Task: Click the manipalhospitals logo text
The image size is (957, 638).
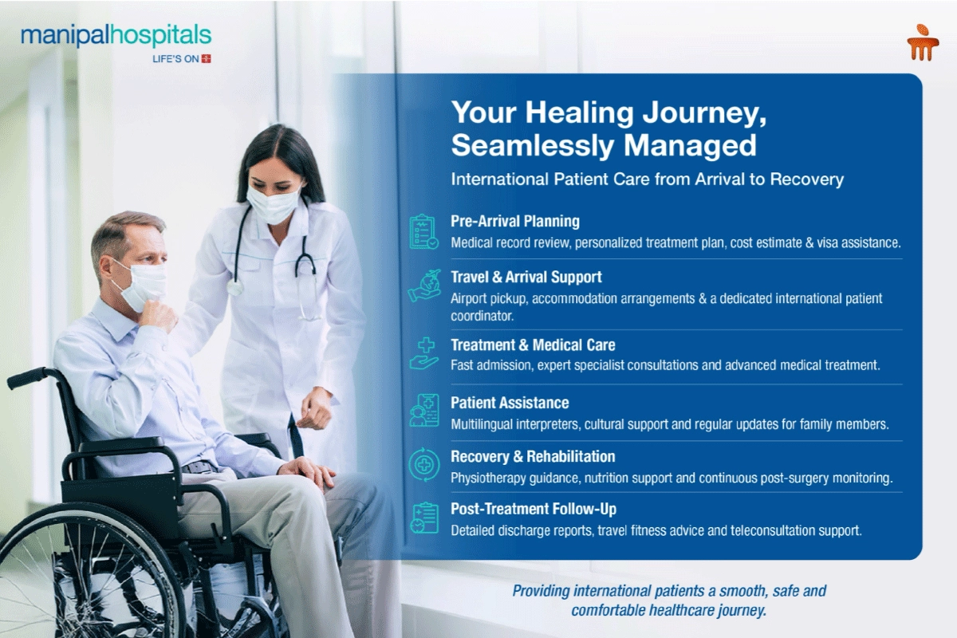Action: pos(116,35)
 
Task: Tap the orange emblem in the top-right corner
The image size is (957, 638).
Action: pos(923,42)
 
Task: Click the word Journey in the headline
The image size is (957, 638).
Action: pos(704,112)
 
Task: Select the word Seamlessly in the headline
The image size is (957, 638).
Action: pos(533,146)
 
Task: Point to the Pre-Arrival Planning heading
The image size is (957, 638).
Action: pos(515,221)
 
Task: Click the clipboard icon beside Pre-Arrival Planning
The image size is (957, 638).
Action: pos(423,232)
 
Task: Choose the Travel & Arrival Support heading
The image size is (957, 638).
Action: pos(526,277)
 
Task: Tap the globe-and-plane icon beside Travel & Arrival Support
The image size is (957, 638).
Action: pos(423,286)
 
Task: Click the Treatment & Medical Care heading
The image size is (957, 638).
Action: pos(534,345)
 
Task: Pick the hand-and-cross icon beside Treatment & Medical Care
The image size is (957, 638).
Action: pos(423,353)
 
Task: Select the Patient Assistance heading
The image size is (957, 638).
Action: pos(510,403)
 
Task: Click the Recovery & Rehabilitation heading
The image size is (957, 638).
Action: pos(534,456)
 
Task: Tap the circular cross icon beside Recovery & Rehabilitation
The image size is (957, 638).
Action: pos(423,465)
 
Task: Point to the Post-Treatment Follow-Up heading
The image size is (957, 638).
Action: pos(534,509)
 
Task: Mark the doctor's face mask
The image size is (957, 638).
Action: pos(274,204)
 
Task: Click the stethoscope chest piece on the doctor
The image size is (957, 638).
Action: pos(234,287)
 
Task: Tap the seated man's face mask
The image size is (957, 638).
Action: pos(142,285)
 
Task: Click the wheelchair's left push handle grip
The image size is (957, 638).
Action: pos(26,379)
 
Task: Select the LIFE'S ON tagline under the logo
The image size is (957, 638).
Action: pos(182,59)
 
